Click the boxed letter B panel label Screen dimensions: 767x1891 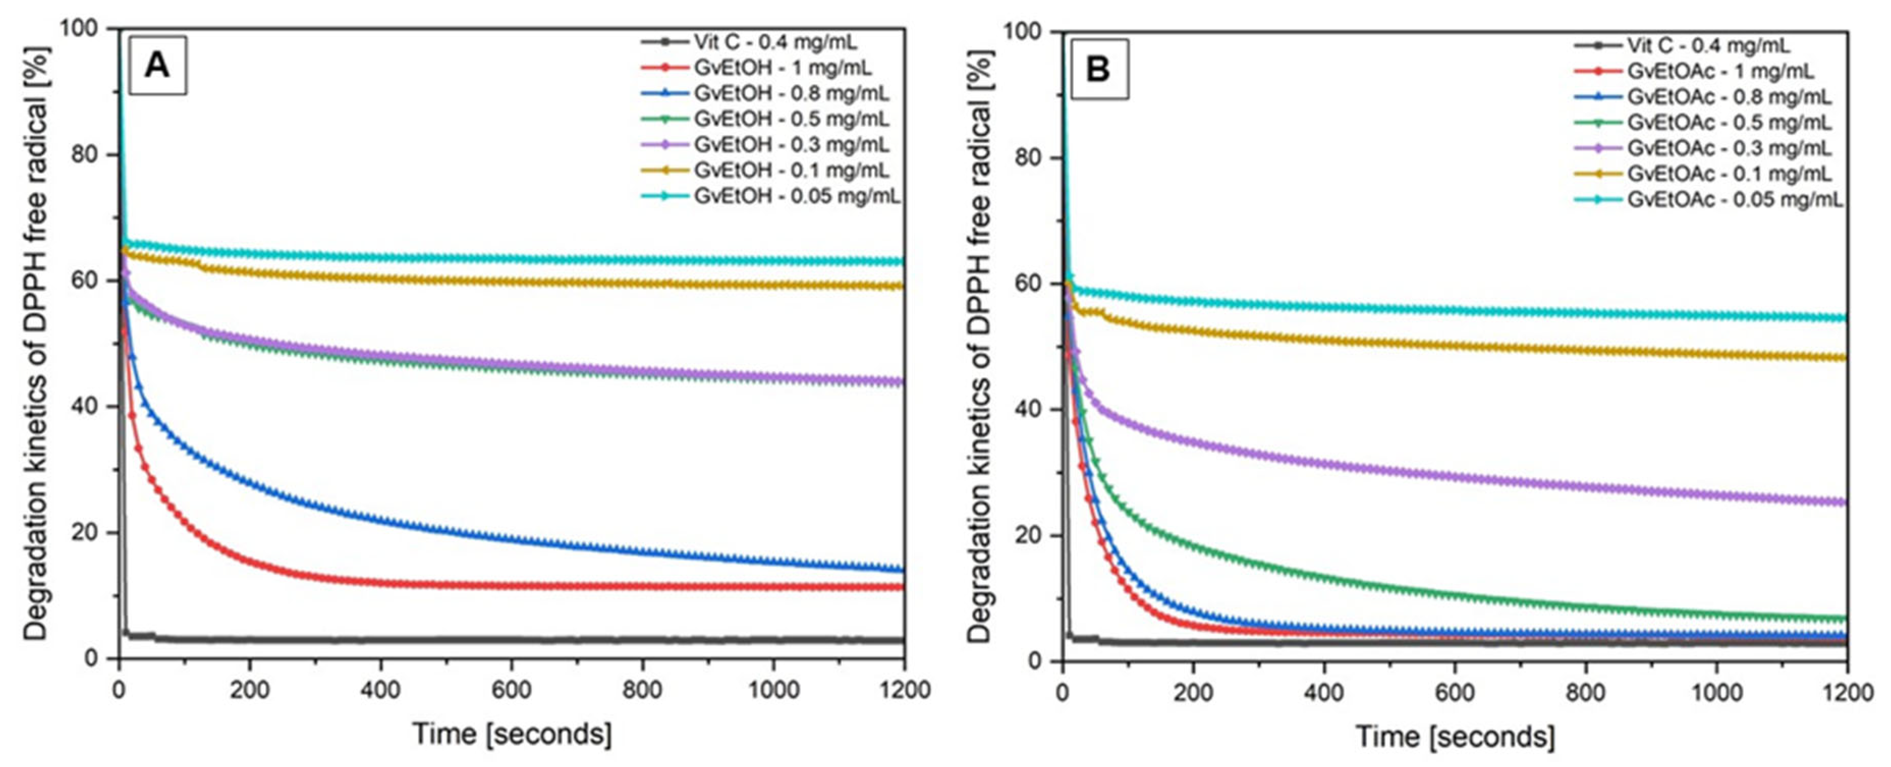(x=1099, y=69)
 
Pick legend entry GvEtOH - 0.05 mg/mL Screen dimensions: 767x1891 (x=796, y=196)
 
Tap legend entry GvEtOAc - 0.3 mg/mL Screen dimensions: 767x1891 (x=1729, y=148)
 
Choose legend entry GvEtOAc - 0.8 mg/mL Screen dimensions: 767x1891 (x=1729, y=97)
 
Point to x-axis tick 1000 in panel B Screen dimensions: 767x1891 (x=1715, y=693)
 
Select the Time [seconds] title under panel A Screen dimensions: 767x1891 (x=512, y=734)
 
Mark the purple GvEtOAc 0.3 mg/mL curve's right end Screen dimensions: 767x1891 (x=1845, y=503)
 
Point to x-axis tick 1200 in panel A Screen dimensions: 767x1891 (x=904, y=690)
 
